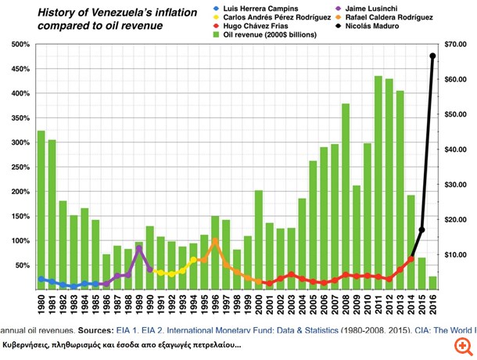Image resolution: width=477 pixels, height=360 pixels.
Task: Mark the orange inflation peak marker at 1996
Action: (x=215, y=241)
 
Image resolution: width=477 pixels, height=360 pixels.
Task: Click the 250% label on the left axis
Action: (x=19, y=167)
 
